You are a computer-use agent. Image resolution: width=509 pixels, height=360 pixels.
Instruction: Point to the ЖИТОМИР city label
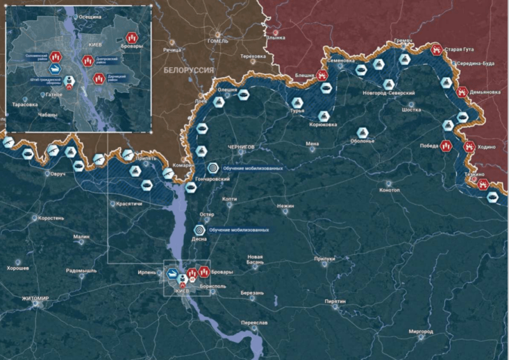pyautogui.click(x=36, y=298)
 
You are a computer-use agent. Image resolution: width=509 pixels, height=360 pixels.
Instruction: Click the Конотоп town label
pyautogui.click(x=389, y=190)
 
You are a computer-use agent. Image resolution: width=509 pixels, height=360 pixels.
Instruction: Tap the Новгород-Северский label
pyautogui.click(x=389, y=93)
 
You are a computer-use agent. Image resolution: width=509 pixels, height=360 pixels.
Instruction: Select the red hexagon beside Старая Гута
pyautogui.click(x=436, y=49)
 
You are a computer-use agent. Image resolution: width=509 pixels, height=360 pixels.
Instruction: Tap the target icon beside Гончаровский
pyautogui.click(x=213, y=168)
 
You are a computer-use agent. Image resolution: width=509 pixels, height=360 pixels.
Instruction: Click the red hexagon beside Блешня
pyautogui.click(x=323, y=75)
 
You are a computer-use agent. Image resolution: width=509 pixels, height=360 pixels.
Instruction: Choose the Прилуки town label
pyautogui.click(x=324, y=259)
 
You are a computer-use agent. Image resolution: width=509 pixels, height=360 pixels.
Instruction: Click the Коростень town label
pyautogui.click(x=51, y=218)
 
